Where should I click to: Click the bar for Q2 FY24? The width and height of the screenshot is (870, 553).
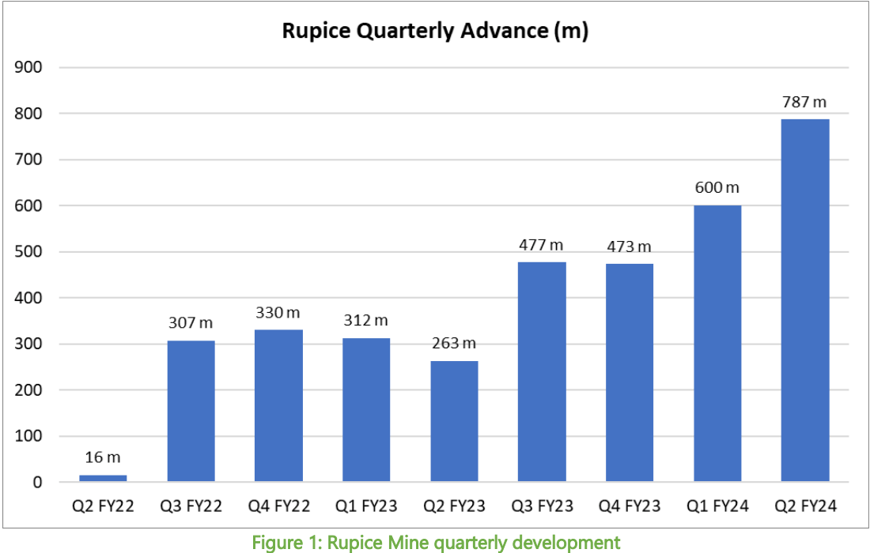click(x=804, y=300)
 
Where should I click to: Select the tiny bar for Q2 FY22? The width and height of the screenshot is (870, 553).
click(x=103, y=478)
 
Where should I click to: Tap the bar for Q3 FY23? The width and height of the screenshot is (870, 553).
click(x=542, y=371)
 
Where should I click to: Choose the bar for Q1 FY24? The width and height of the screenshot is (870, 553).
click(x=717, y=344)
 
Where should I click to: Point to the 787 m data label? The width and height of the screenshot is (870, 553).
click(x=804, y=102)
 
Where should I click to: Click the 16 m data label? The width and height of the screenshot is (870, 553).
click(x=103, y=457)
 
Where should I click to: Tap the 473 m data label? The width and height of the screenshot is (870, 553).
click(x=630, y=246)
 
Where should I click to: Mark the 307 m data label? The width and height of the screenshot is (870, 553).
click(x=191, y=323)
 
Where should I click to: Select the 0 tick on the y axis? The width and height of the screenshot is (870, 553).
click(x=38, y=482)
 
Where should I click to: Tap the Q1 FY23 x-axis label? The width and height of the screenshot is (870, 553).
click(x=366, y=506)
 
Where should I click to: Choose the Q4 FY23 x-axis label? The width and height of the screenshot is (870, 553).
click(x=630, y=506)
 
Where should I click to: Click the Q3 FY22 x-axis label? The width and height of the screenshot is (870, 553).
click(x=191, y=506)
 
